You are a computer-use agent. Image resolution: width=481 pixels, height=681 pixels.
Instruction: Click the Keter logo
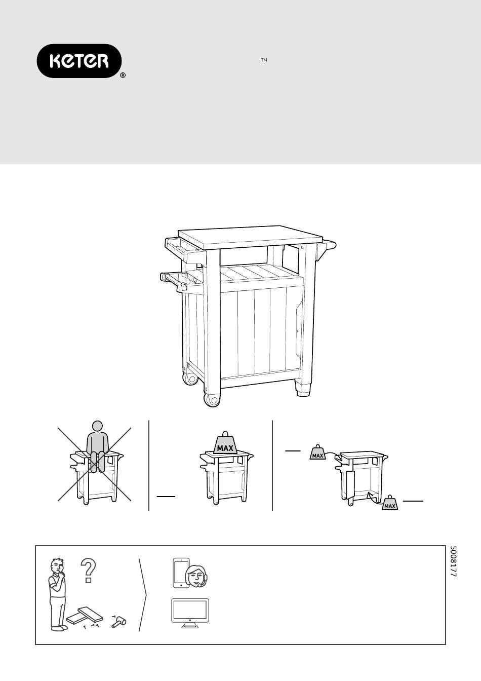click(79, 61)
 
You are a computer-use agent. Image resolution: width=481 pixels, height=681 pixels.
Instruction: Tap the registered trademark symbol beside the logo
click(123, 75)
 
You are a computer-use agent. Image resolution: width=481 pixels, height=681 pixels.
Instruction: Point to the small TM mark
click(264, 60)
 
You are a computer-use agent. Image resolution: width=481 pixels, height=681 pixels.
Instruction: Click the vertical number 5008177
click(453, 561)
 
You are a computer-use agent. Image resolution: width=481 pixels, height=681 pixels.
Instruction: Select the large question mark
click(88, 571)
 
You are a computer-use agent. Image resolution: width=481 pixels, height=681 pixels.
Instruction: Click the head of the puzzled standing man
click(58, 565)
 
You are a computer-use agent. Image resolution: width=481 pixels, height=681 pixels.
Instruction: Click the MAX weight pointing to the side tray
click(317, 452)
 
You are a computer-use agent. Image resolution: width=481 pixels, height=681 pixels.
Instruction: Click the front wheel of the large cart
click(212, 399)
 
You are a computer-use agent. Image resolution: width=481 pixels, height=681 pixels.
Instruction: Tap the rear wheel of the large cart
click(190, 379)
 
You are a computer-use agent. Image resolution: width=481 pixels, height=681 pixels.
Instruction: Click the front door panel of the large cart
click(261, 331)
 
